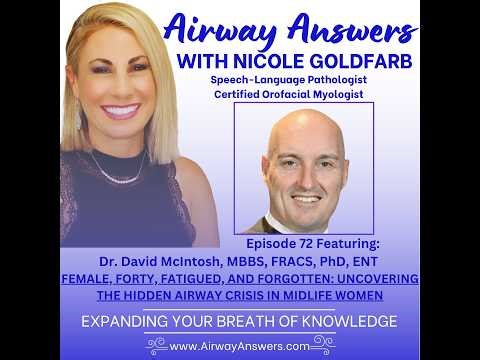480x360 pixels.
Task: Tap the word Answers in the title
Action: (352, 27)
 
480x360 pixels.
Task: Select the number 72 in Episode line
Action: (326, 243)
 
